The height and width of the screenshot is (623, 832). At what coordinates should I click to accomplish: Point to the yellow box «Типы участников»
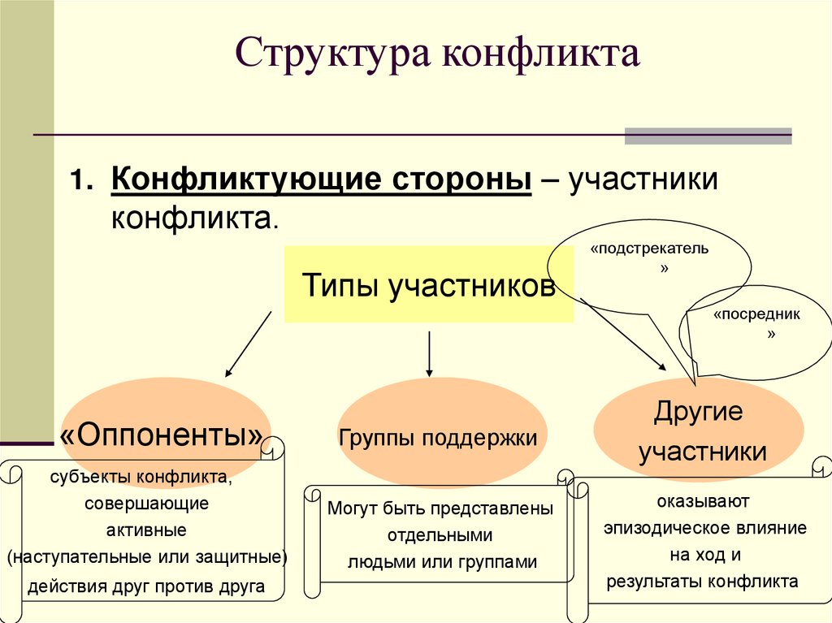coord(428,286)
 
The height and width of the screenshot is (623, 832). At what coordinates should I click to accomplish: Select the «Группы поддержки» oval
coord(439,439)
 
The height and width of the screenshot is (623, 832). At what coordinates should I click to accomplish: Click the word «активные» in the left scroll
coord(146,530)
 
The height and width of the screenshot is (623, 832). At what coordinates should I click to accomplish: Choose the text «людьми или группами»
coord(442,561)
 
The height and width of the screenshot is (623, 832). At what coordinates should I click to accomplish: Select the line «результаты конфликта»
coord(704,582)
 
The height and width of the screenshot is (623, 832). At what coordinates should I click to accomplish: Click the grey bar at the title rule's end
coord(708,136)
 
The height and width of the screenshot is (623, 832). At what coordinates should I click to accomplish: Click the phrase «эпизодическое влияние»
coord(704,528)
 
